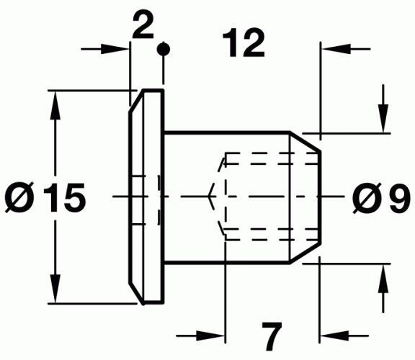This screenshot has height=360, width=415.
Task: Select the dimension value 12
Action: (244, 45)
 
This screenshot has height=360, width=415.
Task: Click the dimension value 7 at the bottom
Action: (270, 336)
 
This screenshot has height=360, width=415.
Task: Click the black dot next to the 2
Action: (165, 49)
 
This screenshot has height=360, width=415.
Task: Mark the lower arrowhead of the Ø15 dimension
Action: (54, 292)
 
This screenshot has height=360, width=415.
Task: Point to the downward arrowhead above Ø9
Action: (383, 122)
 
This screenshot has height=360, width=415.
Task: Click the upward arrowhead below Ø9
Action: (383, 274)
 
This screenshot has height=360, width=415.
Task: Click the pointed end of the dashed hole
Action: (210, 196)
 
